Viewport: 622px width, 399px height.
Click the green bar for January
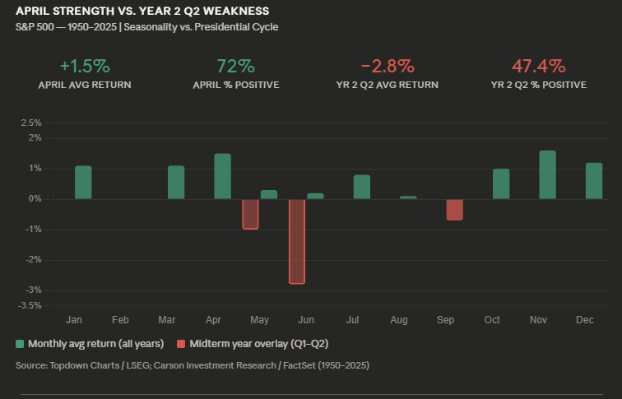click(x=83, y=182)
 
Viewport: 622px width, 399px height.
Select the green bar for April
click(x=222, y=176)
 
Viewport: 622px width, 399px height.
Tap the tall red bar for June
click(x=296, y=241)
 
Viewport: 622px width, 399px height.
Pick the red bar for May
click(x=250, y=214)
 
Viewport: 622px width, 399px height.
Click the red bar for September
click(x=454, y=210)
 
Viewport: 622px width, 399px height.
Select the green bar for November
click(x=547, y=174)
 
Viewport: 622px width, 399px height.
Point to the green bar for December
click(x=594, y=180)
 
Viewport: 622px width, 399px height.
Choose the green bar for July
click(x=361, y=187)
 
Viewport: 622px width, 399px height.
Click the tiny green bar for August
click(x=408, y=197)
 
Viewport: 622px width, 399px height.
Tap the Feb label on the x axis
click(x=120, y=319)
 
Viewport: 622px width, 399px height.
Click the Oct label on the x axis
click(x=492, y=319)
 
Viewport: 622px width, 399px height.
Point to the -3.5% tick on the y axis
click(x=30, y=305)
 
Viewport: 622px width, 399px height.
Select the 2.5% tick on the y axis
click(x=31, y=123)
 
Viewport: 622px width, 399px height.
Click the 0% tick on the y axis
click(x=35, y=199)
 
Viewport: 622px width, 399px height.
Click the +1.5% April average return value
click(x=85, y=66)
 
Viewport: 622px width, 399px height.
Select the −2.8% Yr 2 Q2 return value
click(x=387, y=66)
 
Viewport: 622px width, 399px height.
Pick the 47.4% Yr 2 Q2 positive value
click(x=538, y=66)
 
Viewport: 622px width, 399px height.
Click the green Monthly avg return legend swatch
click(x=20, y=343)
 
